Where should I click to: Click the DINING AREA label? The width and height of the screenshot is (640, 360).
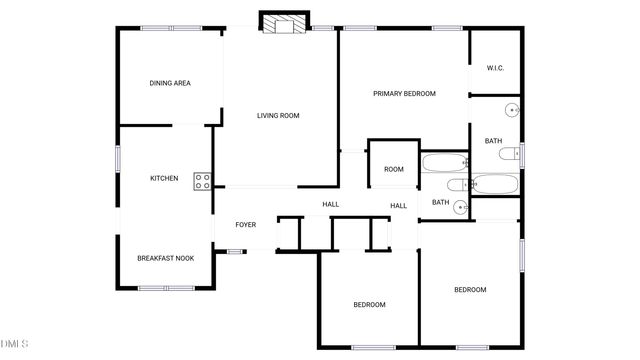click(x=170, y=83)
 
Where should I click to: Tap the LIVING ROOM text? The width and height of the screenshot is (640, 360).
click(x=278, y=116)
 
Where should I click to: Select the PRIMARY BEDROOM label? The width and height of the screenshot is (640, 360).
click(x=405, y=94)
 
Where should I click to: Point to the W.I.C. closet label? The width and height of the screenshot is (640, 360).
click(x=495, y=68)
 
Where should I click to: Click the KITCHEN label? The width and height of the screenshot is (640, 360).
click(x=164, y=179)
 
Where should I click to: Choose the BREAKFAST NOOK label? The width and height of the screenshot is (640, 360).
click(x=166, y=258)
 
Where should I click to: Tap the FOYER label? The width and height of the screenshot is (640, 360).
click(x=246, y=225)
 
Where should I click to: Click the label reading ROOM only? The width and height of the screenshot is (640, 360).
click(x=394, y=170)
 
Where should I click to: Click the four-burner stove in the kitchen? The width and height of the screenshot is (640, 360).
click(x=202, y=180)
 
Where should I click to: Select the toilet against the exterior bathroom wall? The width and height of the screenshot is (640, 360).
click(x=510, y=154)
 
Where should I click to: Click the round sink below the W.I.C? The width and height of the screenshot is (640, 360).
click(x=511, y=109)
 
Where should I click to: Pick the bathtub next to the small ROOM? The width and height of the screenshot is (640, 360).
click(x=443, y=162)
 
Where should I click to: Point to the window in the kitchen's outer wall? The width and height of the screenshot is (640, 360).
click(x=118, y=159)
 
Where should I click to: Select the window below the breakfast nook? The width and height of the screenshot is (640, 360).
click(x=165, y=288)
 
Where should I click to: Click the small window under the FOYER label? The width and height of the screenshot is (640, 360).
click(x=234, y=251)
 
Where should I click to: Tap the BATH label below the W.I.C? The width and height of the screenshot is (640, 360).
click(x=493, y=141)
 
